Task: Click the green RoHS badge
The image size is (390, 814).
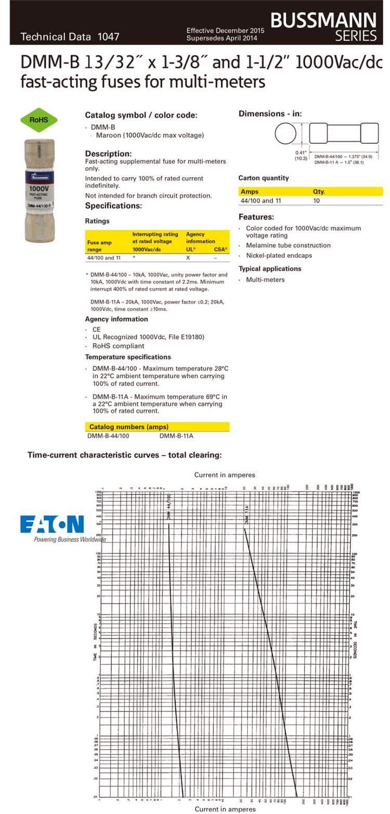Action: click(38, 120)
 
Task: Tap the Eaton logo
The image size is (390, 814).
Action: click(52, 524)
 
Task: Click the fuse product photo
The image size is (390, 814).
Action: click(40, 191)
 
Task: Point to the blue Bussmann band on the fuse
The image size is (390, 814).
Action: click(40, 176)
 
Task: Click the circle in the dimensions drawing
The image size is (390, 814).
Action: click(285, 134)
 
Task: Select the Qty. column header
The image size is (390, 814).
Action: click(319, 192)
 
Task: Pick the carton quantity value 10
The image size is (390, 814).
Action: click(317, 201)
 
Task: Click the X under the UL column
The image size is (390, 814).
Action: click(188, 258)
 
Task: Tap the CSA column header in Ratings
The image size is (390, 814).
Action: click(220, 249)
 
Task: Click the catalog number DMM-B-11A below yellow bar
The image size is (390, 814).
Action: click(176, 436)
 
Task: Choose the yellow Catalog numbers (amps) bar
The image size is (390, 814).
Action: click(157, 427)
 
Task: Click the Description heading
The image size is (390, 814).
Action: click(108, 154)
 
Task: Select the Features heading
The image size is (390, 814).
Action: click(256, 217)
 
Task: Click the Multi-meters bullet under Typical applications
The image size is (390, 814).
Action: click(265, 280)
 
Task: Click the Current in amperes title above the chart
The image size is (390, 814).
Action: click(225, 475)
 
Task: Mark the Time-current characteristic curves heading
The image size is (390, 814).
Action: click(124, 455)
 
